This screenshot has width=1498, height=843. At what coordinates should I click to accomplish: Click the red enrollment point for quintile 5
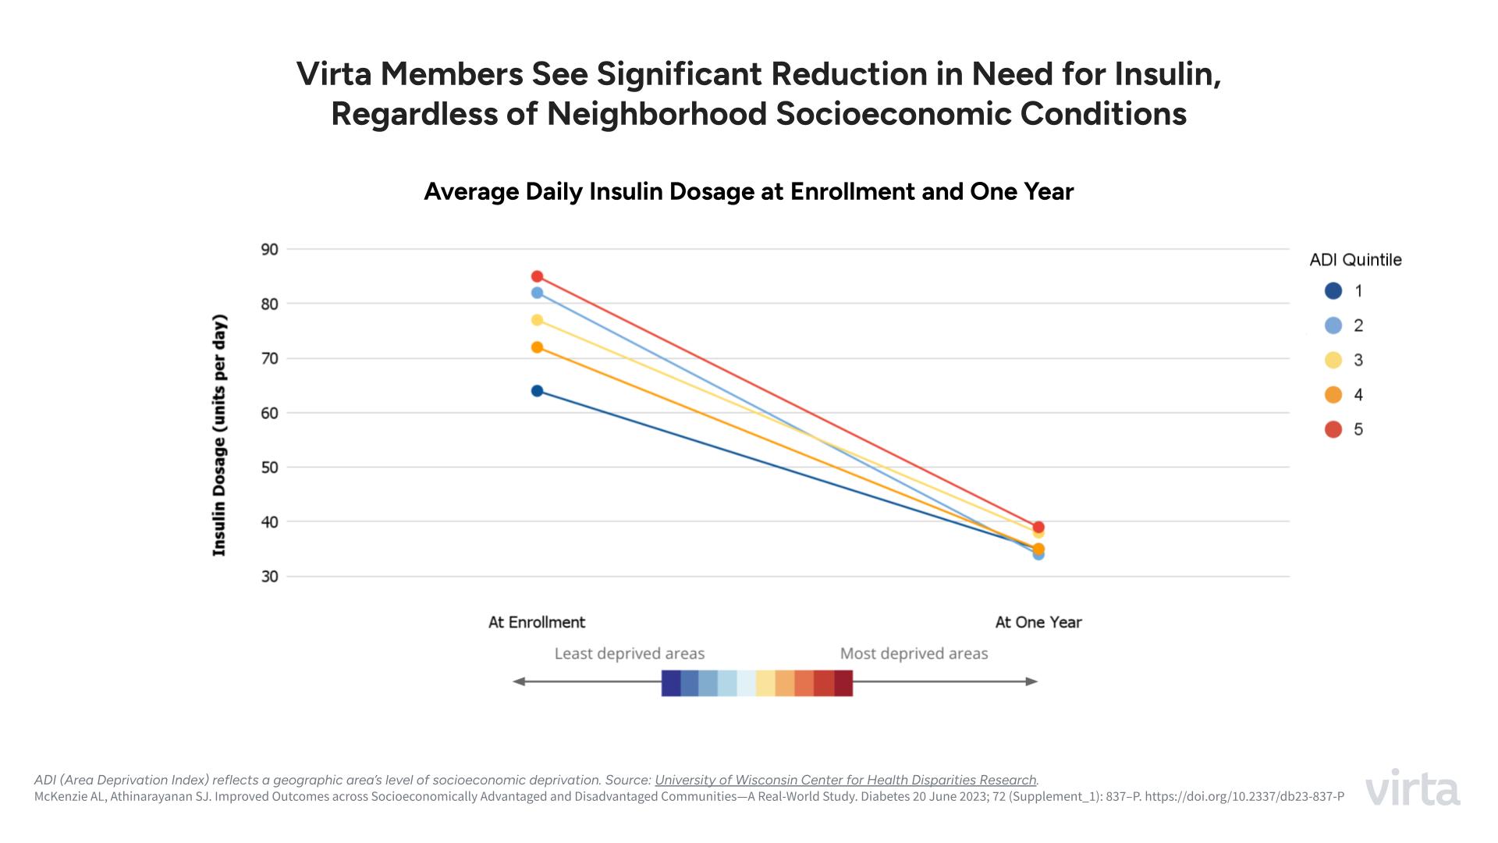[x=537, y=276]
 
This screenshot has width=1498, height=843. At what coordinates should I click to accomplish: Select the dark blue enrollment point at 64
[x=537, y=391]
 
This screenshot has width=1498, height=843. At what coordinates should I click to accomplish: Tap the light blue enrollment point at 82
[x=537, y=293]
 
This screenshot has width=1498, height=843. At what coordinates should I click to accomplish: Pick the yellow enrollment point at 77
[x=537, y=320]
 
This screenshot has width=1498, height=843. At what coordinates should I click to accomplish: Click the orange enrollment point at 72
[x=537, y=347]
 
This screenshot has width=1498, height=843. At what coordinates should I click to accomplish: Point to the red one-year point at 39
[x=1038, y=527]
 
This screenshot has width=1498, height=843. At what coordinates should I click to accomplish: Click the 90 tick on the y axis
[x=269, y=250]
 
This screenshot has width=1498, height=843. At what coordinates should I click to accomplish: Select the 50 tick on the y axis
[x=269, y=468]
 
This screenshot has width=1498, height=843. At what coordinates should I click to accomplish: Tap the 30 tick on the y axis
[x=269, y=577]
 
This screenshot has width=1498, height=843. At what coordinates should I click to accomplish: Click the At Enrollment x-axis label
[x=537, y=622]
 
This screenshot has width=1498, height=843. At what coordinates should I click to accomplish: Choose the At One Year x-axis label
[x=1038, y=622]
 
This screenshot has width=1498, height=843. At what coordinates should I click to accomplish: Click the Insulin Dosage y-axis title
[x=219, y=435]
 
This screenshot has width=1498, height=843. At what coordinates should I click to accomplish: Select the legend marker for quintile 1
[x=1333, y=291]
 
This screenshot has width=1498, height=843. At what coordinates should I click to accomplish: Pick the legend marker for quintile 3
[x=1333, y=360]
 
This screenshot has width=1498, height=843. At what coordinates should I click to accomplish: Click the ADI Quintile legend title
[x=1355, y=260]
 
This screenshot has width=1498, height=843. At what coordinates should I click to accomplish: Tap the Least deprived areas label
[x=629, y=653]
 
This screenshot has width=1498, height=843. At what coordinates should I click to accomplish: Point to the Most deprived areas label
[x=914, y=653]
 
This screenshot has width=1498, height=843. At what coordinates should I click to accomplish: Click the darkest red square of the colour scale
[x=843, y=682]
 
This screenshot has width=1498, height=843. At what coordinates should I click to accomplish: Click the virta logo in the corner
[x=1413, y=788]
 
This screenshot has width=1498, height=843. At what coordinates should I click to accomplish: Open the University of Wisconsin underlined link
[x=846, y=780]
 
